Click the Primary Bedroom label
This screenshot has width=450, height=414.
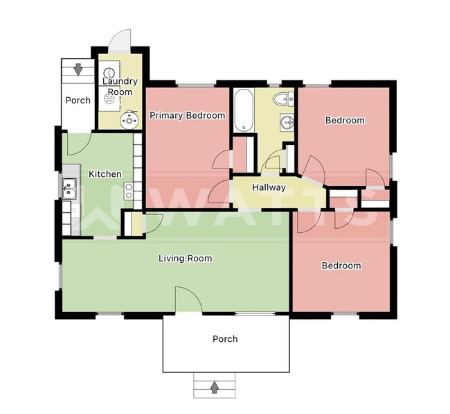[188, 116]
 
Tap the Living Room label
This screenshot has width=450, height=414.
[185, 259]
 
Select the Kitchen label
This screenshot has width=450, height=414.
[105, 174]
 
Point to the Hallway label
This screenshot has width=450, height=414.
[269, 187]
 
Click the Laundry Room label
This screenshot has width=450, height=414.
[120, 87]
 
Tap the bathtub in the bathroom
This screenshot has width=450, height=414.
[243, 110]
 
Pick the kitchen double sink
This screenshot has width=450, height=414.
[69, 187]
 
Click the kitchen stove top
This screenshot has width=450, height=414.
[128, 191]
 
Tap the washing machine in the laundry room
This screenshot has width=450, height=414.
[109, 72]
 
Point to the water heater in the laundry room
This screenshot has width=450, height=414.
[128, 121]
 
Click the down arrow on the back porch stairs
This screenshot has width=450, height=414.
[78, 69]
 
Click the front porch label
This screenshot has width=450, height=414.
[225, 339]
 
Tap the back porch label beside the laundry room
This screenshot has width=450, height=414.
[78, 101]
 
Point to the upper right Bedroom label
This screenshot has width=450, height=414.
[345, 121]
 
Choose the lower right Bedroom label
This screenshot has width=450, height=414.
[341, 266]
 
